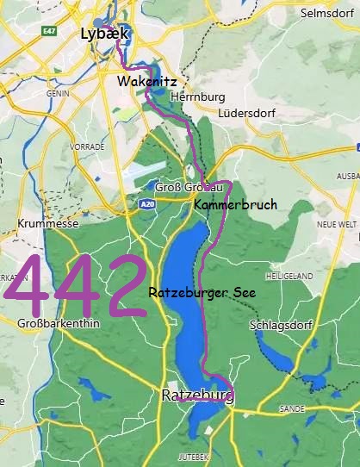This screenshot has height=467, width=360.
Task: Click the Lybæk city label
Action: (x=103, y=34)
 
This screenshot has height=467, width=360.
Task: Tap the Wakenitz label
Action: (x=147, y=81)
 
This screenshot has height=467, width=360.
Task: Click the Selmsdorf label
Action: (x=327, y=13)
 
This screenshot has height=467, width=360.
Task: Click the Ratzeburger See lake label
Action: (x=202, y=292)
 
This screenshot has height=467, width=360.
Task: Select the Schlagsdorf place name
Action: (x=277, y=326)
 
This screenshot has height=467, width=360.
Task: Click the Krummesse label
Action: (x=47, y=224)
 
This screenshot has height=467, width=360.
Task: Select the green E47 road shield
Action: (x=48, y=30)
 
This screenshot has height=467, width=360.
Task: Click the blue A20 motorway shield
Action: (x=146, y=205)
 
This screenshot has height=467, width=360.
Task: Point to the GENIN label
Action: (x=57, y=93)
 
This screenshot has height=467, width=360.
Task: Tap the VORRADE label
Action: (x=87, y=147)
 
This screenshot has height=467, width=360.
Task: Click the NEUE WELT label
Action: (x=337, y=224)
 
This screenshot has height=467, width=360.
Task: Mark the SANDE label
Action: (x=292, y=408)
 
